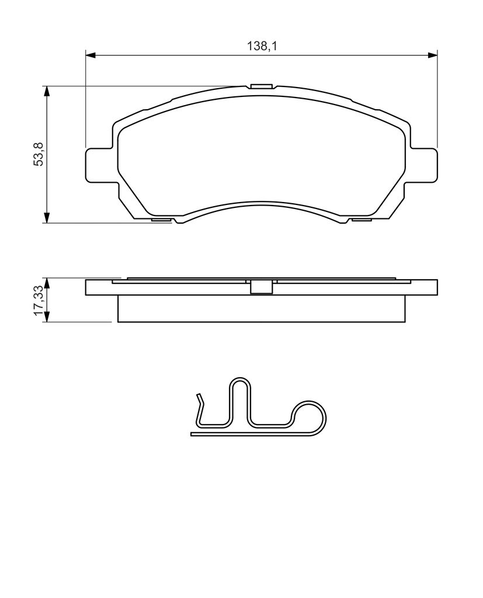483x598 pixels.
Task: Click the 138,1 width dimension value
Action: pos(261,47)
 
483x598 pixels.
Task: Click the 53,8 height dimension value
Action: pos(40,154)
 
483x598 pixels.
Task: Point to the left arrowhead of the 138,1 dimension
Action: pos(90,55)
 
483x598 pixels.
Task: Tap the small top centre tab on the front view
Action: pos(261,86)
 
